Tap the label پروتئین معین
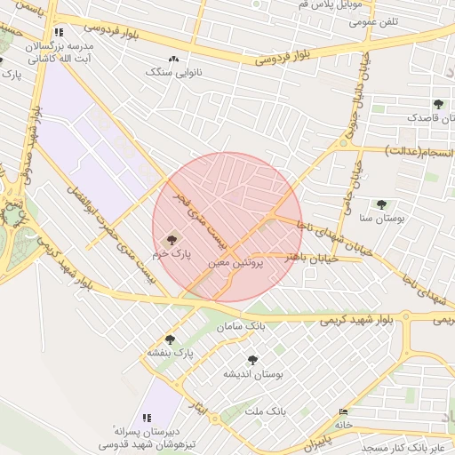click(x=236, y=264)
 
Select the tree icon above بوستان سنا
click(x=381, y=204)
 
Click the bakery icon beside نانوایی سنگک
click(x=174, y=59)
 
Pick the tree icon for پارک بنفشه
click(x=170, y=339)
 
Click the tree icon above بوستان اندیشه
click(x=252, y=360)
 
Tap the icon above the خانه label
click(x=344, y=411)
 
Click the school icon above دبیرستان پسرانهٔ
click(x=147, y=417)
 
